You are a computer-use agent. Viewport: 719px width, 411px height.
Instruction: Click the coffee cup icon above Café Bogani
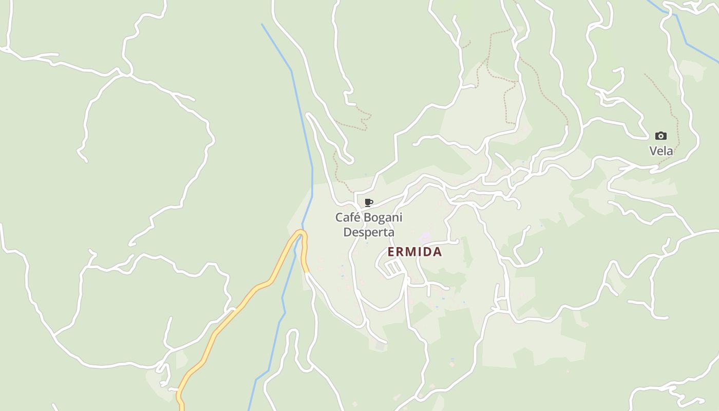pyautogui.click(x=368, y=202)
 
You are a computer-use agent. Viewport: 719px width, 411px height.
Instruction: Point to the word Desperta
pyautogui.click(x=369, y=232)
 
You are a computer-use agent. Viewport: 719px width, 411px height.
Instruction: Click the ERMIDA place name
pyautogui.click(x=414, y=252)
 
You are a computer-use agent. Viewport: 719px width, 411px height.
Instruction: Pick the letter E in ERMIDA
pyautogui.click(x=391, y=252)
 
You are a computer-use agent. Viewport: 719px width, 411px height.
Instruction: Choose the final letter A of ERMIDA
pyautogui.click(x=438, y=252)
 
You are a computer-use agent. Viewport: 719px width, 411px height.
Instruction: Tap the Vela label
pyautogui.click(x=661, y=151)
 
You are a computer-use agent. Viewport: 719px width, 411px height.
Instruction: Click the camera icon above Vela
pyautogui.click(x=661, y=136)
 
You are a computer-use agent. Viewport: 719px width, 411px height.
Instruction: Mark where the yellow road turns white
pyautogui.click(x=307, y=272)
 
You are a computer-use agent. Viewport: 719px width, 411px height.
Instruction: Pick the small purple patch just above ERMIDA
pyautogui.click(x=425, y=238)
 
